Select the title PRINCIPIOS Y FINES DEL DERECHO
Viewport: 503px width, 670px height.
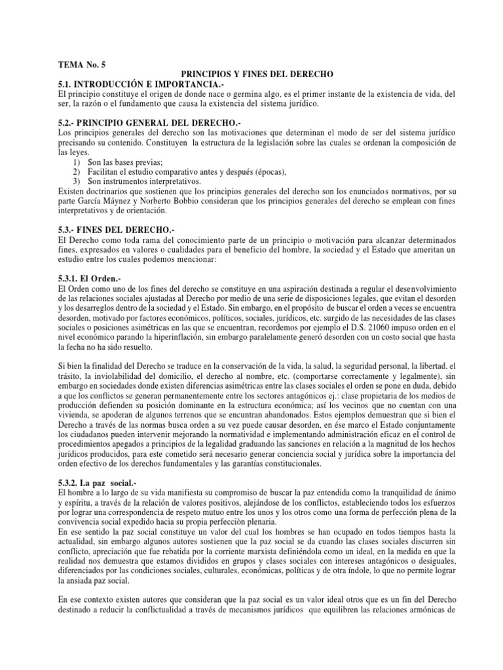(257, 75)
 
